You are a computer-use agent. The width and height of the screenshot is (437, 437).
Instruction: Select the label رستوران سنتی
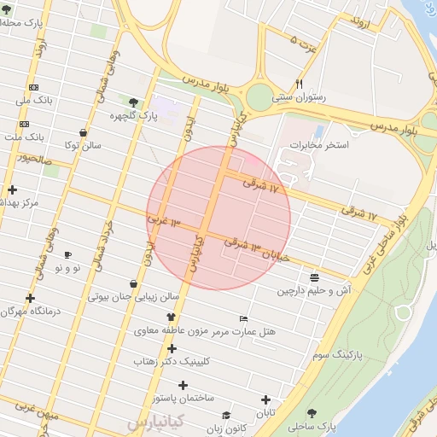click(x=299, y=97)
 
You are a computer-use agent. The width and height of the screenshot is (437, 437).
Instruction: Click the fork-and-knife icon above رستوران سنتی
click(x=299, y=84)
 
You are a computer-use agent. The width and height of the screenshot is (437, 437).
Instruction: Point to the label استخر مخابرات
click(x=319, y=146)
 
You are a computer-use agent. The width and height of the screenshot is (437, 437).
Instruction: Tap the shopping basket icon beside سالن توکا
click(x=82, y=133)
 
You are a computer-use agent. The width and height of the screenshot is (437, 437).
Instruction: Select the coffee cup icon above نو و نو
click(x=67, y=254)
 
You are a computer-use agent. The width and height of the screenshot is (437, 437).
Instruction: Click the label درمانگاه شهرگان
click(x=32, y=311)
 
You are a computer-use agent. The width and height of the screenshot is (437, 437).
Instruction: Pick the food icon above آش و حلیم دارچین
click(x=315, y=277)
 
